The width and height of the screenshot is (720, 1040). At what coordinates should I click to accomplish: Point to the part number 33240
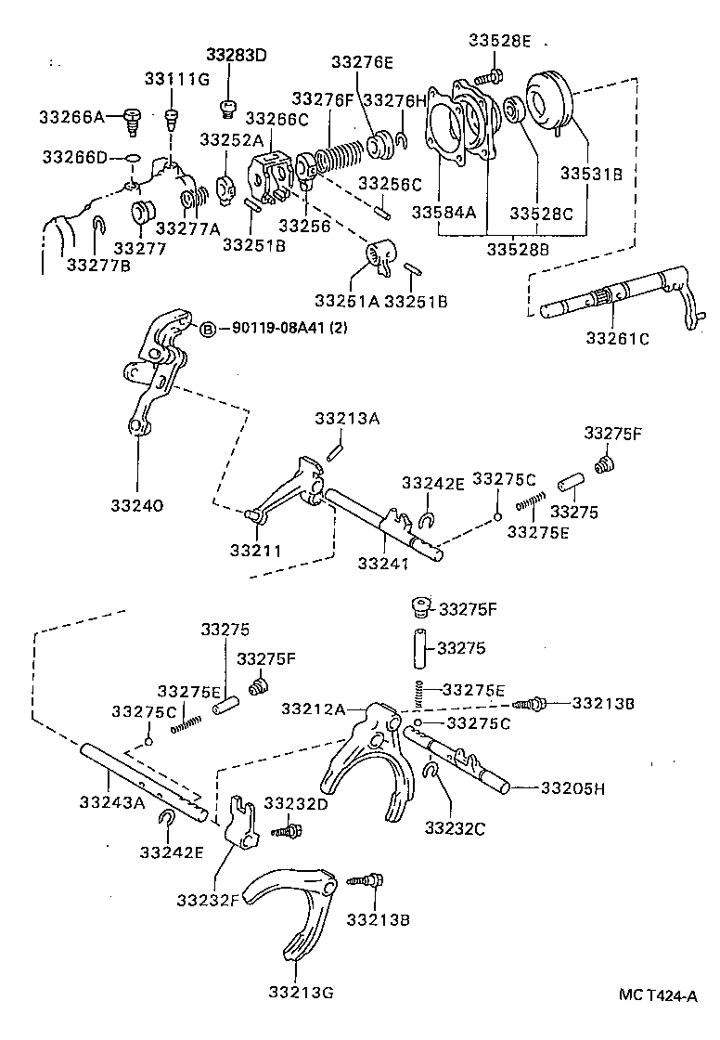pos(137,505)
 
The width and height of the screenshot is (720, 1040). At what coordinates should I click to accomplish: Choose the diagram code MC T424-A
pos(658,995)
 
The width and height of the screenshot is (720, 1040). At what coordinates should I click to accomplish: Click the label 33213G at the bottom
pos(302,991)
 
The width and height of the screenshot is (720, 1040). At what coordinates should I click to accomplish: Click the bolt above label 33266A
pos(131,118)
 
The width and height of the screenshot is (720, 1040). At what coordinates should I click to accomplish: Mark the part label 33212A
pos(314,709)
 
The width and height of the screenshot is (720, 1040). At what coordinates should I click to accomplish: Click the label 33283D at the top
pos(236,54)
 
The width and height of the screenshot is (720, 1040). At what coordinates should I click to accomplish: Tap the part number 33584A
pos(443,212)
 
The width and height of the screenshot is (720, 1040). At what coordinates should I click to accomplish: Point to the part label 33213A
pos(347,419)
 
